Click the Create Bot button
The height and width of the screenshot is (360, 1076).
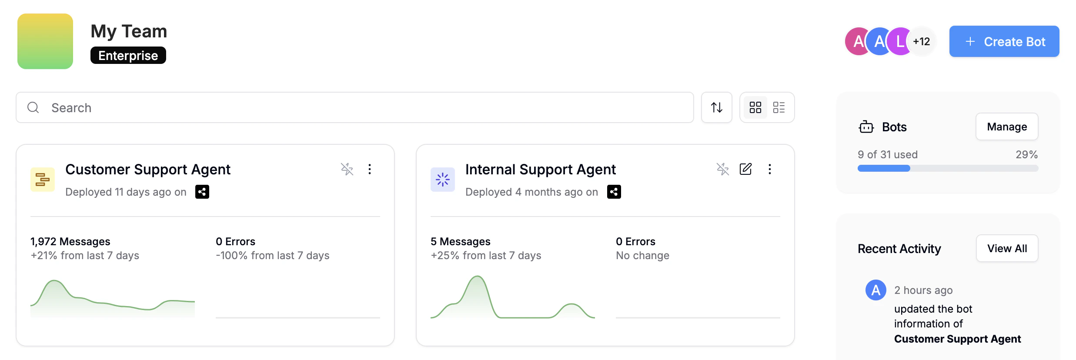[x=1004, y=41]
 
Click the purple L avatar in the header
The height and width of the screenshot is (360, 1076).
[x=899, y=41]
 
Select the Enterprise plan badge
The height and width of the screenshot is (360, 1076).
[x=128, y=55]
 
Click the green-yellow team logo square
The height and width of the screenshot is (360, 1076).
[x=45, y=41]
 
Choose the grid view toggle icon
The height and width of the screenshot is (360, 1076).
[x=755, y=107]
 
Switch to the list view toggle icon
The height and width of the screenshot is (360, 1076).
[x=779, y=107]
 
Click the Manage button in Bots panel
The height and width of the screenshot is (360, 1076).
[x=1007, y=127]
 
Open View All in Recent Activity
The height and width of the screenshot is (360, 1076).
[x=1007, y=248]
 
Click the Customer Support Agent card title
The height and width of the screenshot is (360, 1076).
[x=148, y=169]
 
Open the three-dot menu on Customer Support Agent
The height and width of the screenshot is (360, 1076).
[x=370, y=169]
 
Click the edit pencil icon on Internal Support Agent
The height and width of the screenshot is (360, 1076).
[x=745, y=169]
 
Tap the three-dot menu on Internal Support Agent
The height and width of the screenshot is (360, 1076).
[x=770, y=169]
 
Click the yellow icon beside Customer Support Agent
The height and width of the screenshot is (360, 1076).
[x=43, y=180]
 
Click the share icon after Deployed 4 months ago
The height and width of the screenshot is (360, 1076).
[x=614, y=192]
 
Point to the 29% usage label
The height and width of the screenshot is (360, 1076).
[x=1027, y=154]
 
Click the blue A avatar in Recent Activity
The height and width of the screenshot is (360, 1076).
[x=876, y=290]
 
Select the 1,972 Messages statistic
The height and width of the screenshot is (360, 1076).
[x=70, y=241]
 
